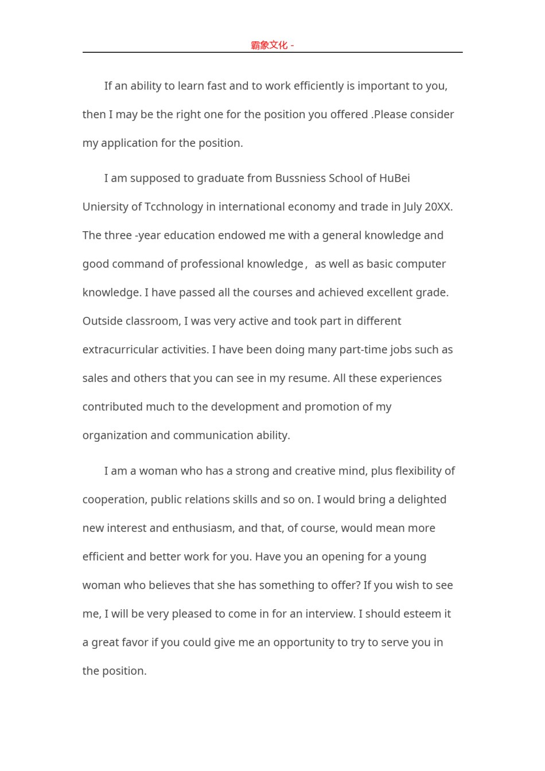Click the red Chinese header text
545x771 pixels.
[269, 45]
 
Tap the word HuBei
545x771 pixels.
[394, 178]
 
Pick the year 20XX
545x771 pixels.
[438, 207]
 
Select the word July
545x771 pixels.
[412, 207]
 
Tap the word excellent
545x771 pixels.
[366, 293]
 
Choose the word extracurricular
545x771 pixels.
[120, 350]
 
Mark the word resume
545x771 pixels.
[307, 379]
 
